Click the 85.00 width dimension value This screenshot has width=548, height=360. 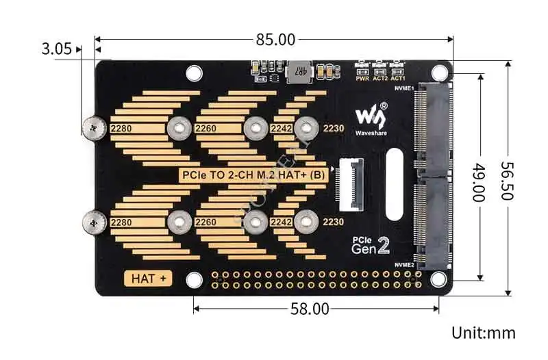coord(275,40)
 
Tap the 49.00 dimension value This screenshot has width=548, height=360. coord(477,180)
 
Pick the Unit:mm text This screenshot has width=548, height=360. coord(483,333)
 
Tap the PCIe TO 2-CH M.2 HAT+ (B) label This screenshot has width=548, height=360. coord(253,175)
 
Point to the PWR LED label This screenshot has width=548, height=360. coord(362,79)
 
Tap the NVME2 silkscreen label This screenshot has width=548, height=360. coord(403,264)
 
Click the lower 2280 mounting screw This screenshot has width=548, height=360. coord(92,221)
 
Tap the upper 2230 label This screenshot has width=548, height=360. coord(334,128)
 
